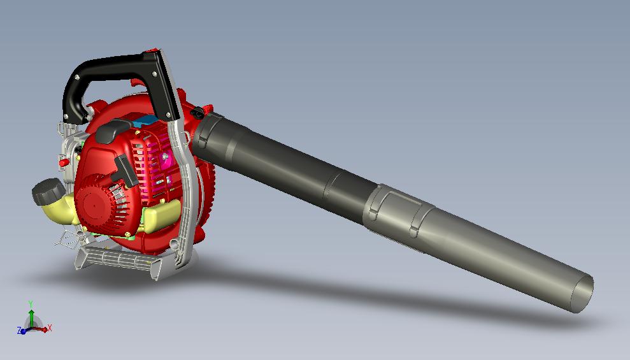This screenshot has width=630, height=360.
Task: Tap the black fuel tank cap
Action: (x=45, y=191)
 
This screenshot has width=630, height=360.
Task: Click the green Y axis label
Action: (x=31, y=304)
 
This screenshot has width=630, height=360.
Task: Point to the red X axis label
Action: (x=50, y=328)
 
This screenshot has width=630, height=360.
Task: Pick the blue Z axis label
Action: (x=19, y=331)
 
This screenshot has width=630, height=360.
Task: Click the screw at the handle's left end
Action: (x=77, y=77)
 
